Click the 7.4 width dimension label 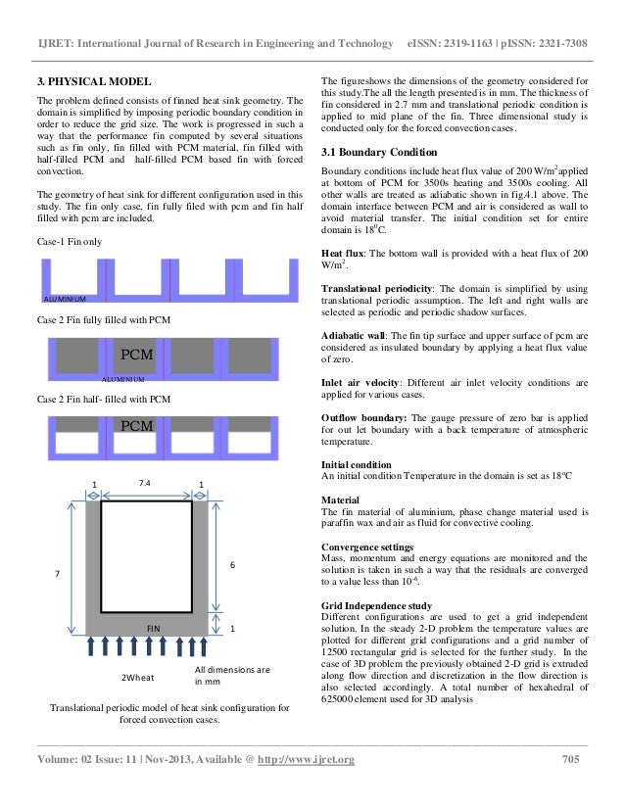coord(144,484)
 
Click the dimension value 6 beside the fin coord(230,565)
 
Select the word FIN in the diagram coord(154,625)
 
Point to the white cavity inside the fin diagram coord(147,556)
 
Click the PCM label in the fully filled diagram coord(136,354)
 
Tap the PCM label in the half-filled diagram coord(136,426)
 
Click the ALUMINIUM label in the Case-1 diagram coord(66,298)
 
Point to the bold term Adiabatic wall coord(357,334)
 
